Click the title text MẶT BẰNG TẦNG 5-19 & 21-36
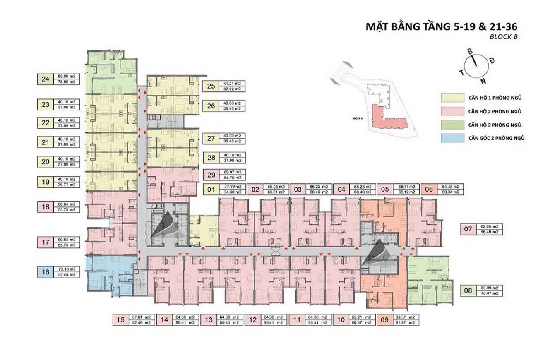(x=442, y=27)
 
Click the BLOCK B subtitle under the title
(x=504, y=36)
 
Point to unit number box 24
(x=45, y=79)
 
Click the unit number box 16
(x=45, y=272)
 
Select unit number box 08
(x=468, y=290)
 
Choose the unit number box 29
(x=211, y=175)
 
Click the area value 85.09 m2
(x=67, y=76)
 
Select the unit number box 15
(x=120, y=319)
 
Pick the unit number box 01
(x=211, y=190)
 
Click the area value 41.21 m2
(x=232, y=84)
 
